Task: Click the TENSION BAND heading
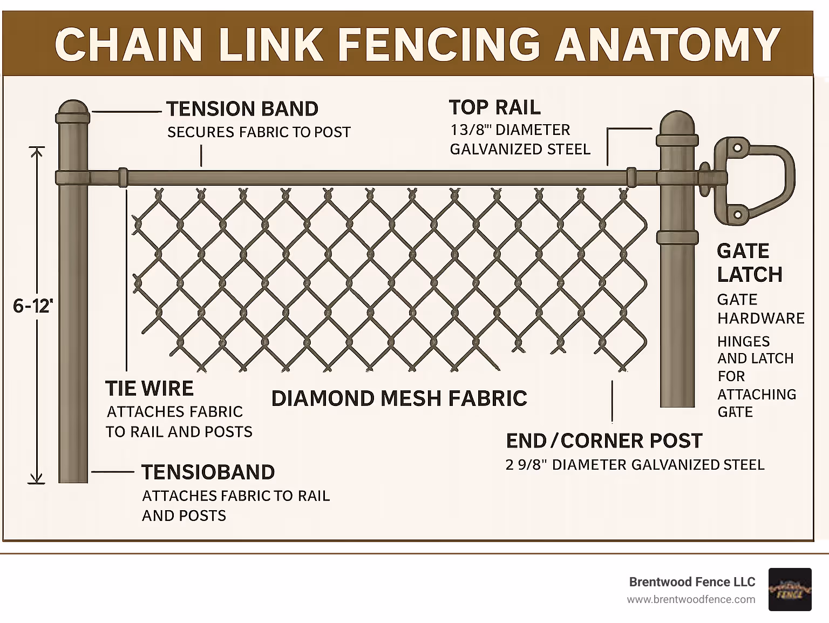[242, 109]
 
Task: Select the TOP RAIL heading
[494, 107]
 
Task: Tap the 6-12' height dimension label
[33, 307]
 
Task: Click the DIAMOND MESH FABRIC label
[399, 398]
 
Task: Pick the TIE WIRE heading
[150, 389]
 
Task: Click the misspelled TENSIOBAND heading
[208, 472]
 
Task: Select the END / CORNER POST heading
[604, 441]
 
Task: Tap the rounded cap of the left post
[73, 111]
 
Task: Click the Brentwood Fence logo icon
[790, 590]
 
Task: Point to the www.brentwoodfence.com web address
[691, 599]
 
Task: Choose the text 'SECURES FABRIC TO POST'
[259, 132]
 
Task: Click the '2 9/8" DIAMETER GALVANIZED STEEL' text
[635, 465]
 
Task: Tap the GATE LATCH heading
[749, 263]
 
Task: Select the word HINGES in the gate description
[743, 342]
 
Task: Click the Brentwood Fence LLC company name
[692, 582]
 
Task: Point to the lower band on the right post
[677, 236]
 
